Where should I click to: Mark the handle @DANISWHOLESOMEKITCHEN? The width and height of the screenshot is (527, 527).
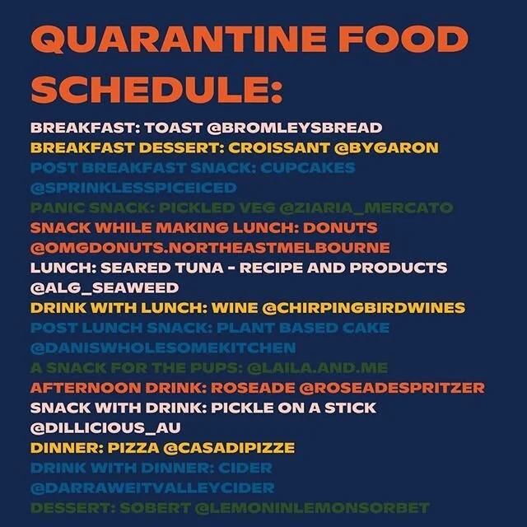coord(163,347)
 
